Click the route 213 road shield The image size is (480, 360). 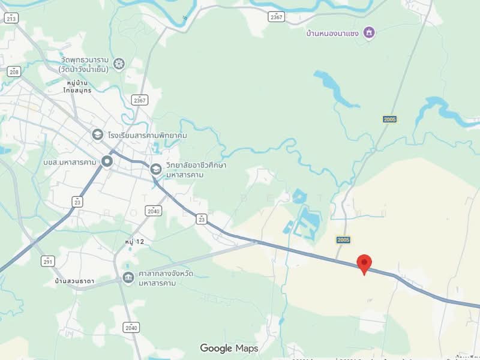[x=11, y=19]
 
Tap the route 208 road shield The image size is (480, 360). [x=13, y=71]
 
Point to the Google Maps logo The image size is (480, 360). [x=229, y=348]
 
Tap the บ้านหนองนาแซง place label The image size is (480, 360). [x=331, y=32]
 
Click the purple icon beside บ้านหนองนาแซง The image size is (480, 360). [x=369, y=32]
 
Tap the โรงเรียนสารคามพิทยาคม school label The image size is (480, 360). [x=148, y=136]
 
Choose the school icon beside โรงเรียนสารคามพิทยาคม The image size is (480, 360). [x=98, y=135]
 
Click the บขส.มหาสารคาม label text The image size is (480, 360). [x=71, y=162]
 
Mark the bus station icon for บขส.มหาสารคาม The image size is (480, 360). [x=107, y=161]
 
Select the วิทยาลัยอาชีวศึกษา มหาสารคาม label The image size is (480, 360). [x=192, y=170]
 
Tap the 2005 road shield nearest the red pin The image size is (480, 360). [x=343, y=240]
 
